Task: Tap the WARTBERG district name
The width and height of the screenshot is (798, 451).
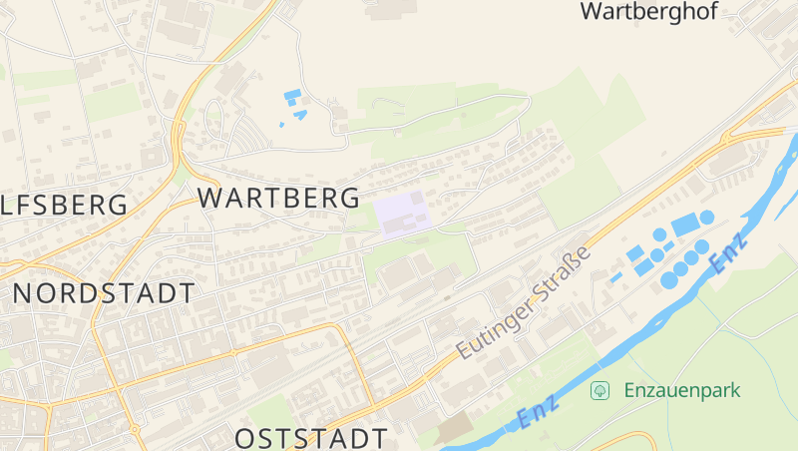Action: point(278,197)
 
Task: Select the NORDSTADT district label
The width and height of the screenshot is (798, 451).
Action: point(104,293)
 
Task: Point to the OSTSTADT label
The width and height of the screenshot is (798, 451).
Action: point(311,438)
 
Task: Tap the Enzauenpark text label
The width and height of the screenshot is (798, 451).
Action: point(682,389)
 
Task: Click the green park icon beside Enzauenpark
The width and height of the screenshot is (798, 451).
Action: point(599,389)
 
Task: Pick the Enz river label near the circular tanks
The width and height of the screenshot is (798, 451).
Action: point(728,253)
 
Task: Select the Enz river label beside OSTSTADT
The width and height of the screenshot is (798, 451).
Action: point(539,413)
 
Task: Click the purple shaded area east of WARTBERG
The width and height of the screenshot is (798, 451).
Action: point(401,214)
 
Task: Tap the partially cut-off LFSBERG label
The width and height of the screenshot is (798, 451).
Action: point(64,206)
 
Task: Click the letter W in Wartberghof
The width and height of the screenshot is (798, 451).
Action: point(592,12)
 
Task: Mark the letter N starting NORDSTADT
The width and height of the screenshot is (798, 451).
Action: point(25,293)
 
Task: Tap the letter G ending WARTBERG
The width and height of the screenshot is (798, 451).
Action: point(348,197)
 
